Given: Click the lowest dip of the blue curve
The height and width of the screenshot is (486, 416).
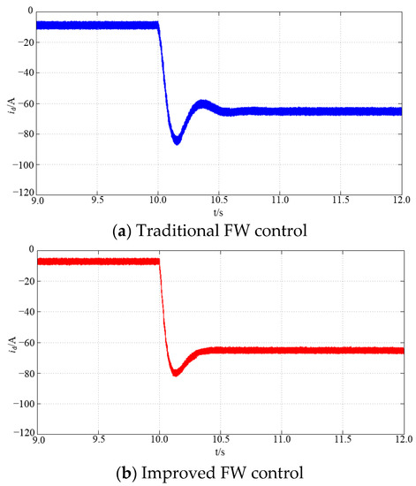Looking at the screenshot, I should [177, 140].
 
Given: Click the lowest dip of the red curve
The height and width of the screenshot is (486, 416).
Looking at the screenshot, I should [176, 374].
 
